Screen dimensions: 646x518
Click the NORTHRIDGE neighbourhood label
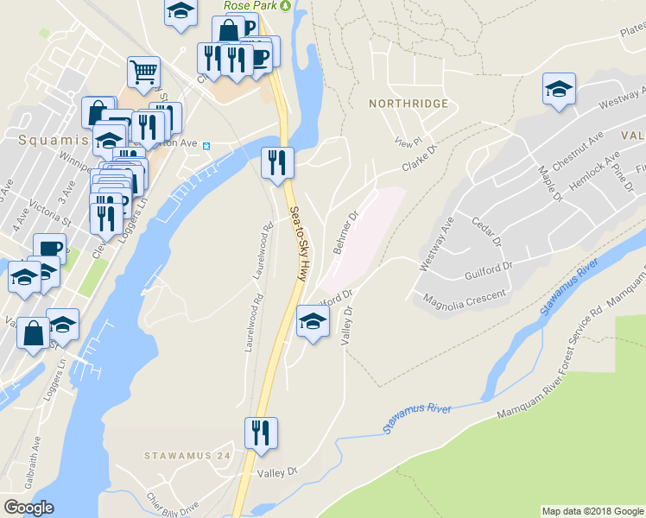click(408, 104)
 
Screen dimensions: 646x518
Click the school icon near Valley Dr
click(313, 322)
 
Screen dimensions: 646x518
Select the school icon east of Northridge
click(559, 89)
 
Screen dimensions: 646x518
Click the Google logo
click(28, 508)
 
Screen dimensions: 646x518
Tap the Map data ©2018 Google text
click(592, 511)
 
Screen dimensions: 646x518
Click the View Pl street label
click(406, 142)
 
